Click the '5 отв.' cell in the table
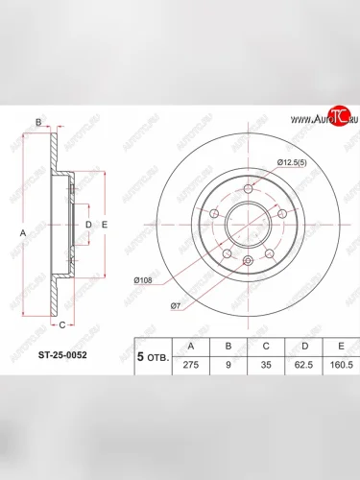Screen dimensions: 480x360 point(154,355)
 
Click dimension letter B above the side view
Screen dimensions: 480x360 point(38,122)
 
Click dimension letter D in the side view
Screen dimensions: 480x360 point(88,225)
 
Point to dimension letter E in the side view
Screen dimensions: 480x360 point(105,225)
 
